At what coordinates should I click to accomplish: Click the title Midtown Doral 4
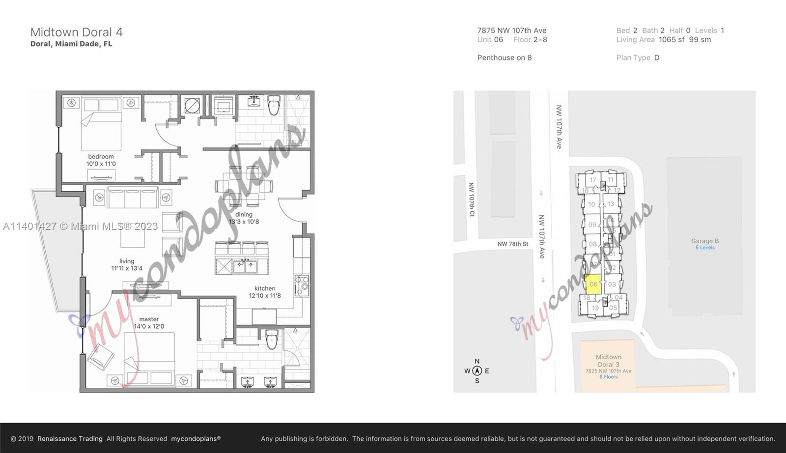point(77,32)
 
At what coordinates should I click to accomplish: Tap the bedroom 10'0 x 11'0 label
point(101,160)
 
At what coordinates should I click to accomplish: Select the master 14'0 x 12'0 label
point(149,323)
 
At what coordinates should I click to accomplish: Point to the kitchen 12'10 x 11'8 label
point(265,292)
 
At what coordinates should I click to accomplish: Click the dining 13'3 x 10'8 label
point(244,218)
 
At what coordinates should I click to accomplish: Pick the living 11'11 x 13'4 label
point(127,265)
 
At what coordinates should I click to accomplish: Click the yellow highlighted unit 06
point(593,284)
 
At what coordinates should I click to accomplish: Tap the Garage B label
point(705,241)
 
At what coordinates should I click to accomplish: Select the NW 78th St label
point(513,244)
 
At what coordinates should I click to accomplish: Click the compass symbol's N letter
point(477,362)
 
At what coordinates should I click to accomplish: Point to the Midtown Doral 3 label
point(608,361)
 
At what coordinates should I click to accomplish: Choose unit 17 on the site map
point(593,180)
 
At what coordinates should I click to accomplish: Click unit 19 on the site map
point(595,308)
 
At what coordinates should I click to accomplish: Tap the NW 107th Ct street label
point(471,199)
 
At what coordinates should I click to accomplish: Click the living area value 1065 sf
point(672,40)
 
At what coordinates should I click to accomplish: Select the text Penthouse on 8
point(505,58)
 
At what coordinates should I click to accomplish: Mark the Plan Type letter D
point(657,58)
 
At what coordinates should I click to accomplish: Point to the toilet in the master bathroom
point(272,339)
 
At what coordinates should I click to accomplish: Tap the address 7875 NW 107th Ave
point(512,30)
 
